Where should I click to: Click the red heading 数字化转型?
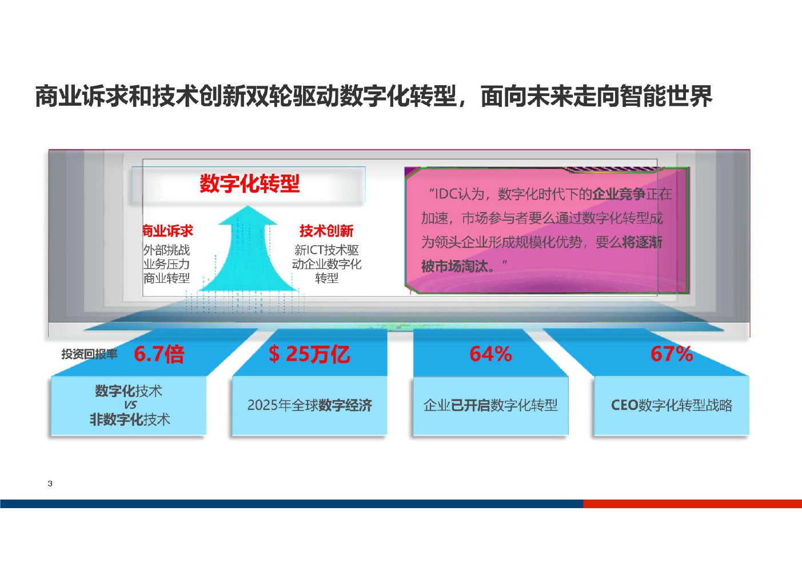click(249, 183)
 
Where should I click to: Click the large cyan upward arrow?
click(248, 250)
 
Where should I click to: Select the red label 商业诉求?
click(167, 231)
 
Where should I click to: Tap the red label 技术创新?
click(326, 231)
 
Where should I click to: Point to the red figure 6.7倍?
click(159, 354)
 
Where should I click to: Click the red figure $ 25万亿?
click(309, 354)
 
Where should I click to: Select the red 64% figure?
click(490, 354)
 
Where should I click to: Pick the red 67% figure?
click(672, 354)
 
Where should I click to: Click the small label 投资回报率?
click(89, 354)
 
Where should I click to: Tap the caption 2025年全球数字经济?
click(309, 405)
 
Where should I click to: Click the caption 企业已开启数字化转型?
click(490, 405)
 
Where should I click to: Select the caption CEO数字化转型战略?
click(672, 405)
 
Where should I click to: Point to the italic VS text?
click(130, 405)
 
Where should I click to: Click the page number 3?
click(50, 484)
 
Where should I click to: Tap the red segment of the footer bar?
click(692, 504)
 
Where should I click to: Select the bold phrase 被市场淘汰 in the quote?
click(454, 266)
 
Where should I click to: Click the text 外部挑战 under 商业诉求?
click(166, 250)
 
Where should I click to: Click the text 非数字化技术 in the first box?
click(130, 420)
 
